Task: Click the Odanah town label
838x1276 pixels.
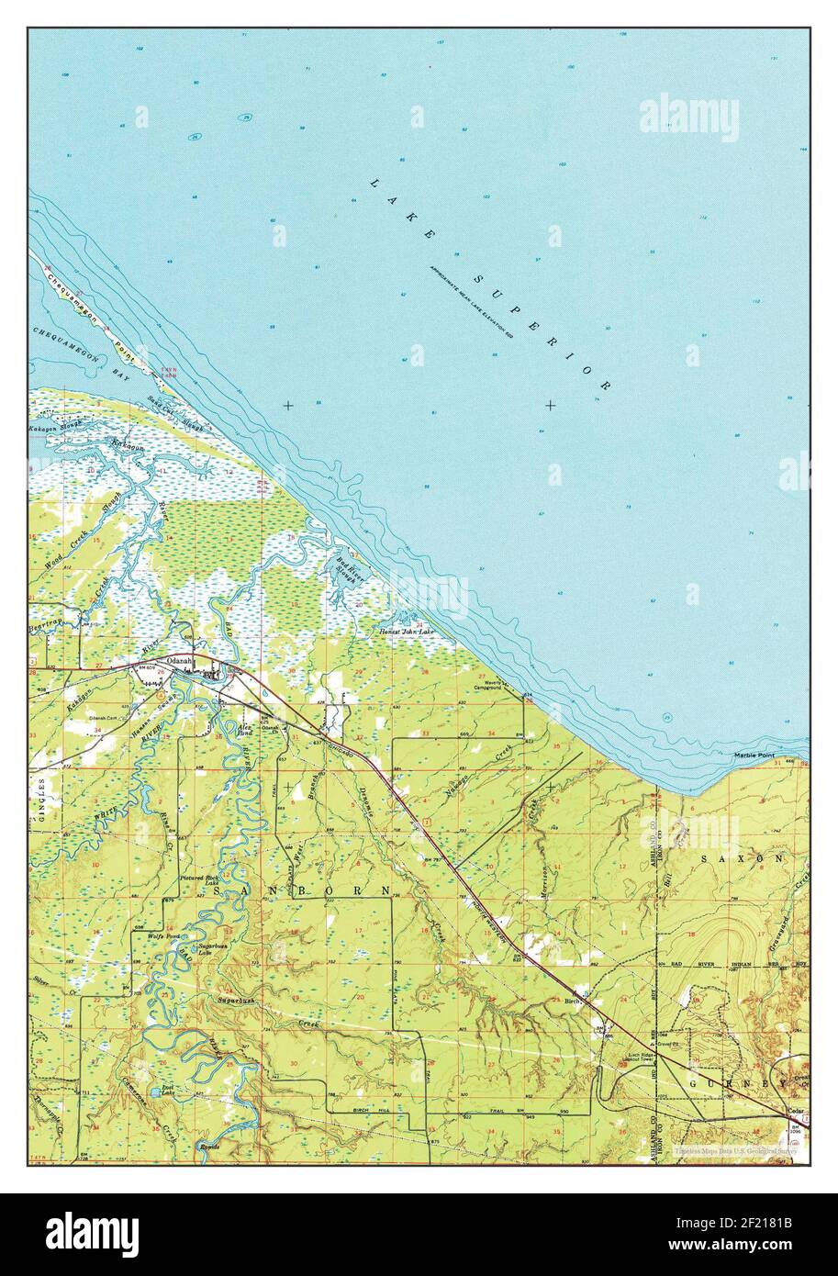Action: click(x=178, y=660)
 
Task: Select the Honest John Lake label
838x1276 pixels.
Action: click(x=405, y=632)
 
